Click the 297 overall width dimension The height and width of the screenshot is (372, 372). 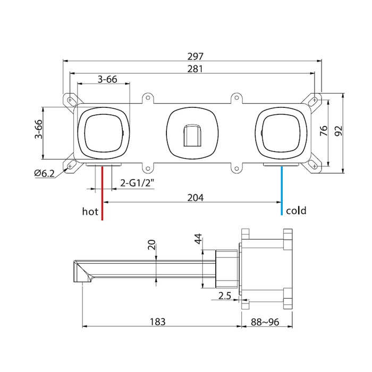195,56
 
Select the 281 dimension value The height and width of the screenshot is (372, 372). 195,69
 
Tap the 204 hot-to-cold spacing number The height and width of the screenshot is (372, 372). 195,198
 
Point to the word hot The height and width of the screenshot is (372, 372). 90,211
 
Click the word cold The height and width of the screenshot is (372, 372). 296,210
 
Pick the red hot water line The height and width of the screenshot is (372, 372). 102,193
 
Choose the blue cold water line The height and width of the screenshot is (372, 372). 282,191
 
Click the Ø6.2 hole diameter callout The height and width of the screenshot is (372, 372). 44,173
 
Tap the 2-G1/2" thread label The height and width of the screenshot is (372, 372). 137,183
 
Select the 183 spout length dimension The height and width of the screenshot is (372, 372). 157,322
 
